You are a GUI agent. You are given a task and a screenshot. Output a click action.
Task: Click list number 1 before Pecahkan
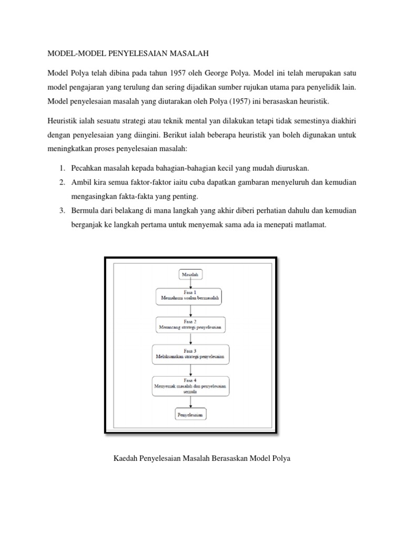62,168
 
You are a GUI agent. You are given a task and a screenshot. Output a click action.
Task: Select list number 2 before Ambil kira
62,182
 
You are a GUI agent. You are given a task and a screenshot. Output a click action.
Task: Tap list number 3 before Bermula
62,211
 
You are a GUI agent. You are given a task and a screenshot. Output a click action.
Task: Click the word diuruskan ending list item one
290,168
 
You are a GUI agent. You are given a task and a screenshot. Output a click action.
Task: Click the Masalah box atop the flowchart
190,274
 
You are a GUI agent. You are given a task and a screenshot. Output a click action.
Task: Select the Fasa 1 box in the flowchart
190,296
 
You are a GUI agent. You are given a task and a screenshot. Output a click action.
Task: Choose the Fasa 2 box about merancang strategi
190,325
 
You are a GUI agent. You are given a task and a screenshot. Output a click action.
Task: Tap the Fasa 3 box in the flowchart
190,354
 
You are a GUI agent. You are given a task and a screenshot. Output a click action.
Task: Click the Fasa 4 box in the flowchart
190,386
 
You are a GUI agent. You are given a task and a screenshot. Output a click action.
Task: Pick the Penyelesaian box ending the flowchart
190,415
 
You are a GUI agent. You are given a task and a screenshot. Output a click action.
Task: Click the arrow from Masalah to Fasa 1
190,284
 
